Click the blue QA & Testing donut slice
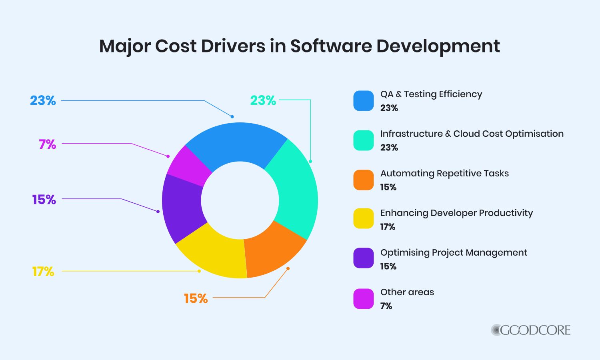tap(236, 142)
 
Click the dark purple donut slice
tap(182, 208)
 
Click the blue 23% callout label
tap(43, 100)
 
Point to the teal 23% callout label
tap(263, 100)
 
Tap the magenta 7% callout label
tap(48, 144)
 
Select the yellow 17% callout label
tap(43, 272)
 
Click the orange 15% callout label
tap(196, 298)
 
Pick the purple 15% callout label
tap(44, 199)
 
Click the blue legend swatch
tap(363, 101)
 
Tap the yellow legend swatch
tap(363, 219)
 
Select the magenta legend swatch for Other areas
tap(363, 299)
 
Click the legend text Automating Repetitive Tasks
tap(444, 173)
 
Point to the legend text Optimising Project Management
tap(454, 252)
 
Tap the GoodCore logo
tap(530, 330)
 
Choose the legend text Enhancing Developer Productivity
tap(456, 213)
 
